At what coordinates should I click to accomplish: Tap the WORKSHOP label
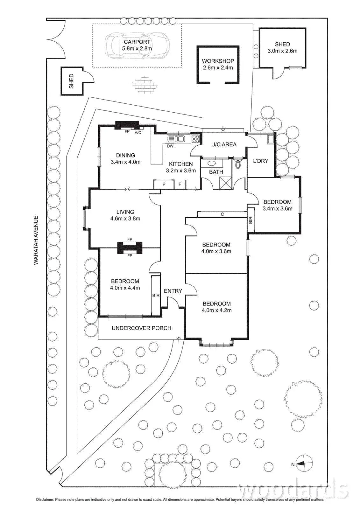point(218,61)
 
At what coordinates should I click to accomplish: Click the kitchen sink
point(176,138)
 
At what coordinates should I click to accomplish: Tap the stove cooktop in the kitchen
point(195,138)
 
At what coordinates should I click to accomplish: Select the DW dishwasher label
point(170,146)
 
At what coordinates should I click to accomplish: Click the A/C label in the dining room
point(138,132)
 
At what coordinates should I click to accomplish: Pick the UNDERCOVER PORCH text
point(141,328)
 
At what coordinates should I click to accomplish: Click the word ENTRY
point(173,291)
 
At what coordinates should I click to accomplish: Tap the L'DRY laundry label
point(261,161)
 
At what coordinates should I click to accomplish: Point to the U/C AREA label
point(224,144)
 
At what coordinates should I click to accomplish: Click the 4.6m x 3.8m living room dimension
point(125,219)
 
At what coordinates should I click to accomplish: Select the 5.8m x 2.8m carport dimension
point(137,48)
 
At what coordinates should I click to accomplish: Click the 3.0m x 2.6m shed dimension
point(282,51)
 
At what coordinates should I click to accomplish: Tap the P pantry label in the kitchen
point(164,184)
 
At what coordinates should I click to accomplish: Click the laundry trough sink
point(271,139)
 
